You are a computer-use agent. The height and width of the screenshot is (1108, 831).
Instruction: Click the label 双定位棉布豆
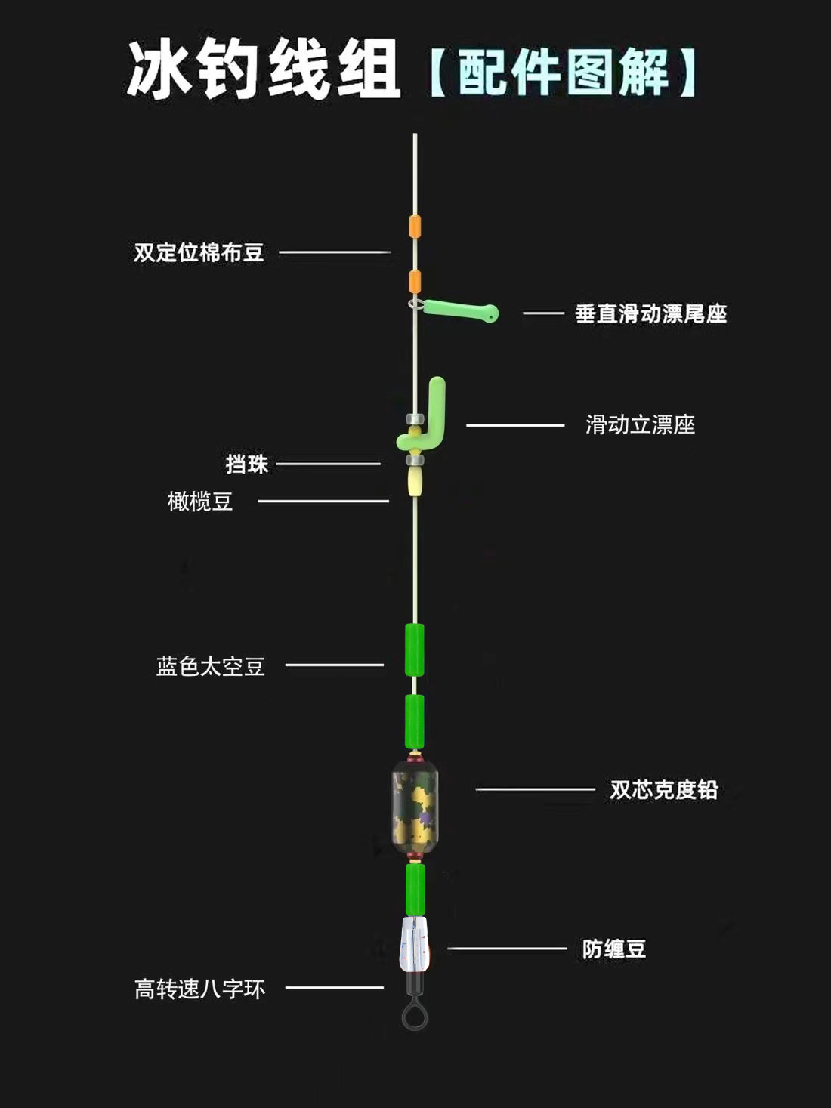coord(199,252)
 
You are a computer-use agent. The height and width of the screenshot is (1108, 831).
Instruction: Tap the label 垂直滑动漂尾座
coord(650,313)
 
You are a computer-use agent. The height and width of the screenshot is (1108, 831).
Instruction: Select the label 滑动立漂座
coord(640,424)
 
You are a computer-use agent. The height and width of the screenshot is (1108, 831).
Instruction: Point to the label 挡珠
coord(247,464)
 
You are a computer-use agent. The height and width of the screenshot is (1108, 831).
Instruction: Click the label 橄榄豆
coord(200,501)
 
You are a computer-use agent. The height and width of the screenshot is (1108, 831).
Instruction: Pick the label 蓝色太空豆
coord(210,666)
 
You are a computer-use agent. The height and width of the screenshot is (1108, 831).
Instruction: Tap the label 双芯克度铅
coord(663,790)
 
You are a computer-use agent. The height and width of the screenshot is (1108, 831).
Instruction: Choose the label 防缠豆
coord(613,949)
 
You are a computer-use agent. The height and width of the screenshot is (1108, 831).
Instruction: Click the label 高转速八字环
coord(200,989)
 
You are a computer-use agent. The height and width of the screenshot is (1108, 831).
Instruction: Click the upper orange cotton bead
coord(415,226)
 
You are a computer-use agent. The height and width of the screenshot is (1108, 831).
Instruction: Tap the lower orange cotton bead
coord(415,280)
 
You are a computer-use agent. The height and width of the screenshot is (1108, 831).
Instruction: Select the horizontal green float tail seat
coord(459,310)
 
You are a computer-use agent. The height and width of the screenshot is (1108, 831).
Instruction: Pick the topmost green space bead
coord(415,650)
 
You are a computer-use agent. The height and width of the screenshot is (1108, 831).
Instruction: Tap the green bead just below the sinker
coord(415,889)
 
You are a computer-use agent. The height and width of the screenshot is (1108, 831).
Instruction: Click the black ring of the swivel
coord(415,1015)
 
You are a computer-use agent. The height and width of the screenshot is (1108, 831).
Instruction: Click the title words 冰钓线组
coord(263,71)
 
